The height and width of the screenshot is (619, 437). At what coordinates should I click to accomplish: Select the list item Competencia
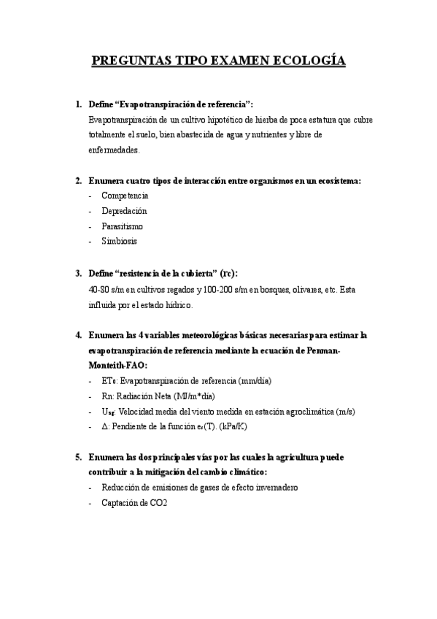[x=125, y=196]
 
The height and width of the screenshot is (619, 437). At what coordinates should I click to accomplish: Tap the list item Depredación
[x=125, y=211]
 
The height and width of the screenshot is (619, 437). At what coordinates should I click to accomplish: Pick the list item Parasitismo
[x=123, y=226]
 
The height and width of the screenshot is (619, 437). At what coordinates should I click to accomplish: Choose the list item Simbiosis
[x=119, y=241]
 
